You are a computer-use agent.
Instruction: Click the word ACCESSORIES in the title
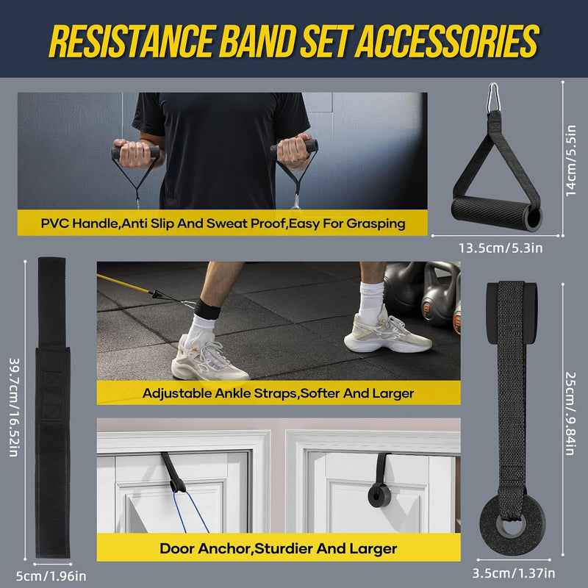point(447,41)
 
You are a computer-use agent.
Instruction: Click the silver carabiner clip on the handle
point(493,98)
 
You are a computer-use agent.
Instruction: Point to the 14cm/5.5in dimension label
point(570,160)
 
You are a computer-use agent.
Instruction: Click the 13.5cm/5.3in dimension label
point(501,248)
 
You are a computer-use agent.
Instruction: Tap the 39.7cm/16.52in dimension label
point(14,407)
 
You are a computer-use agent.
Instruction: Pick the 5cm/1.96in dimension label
point(51,576)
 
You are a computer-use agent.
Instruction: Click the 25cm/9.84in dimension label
point(570,413)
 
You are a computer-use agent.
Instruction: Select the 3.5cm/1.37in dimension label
point(513,573)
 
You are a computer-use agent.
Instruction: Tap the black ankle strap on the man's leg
point(207,309)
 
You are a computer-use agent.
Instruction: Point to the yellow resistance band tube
point(124,283)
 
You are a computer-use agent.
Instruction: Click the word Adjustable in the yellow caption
point(177,393)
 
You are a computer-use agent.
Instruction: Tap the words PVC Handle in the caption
point(80,223)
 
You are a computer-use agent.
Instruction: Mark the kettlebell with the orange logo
point(437,296)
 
